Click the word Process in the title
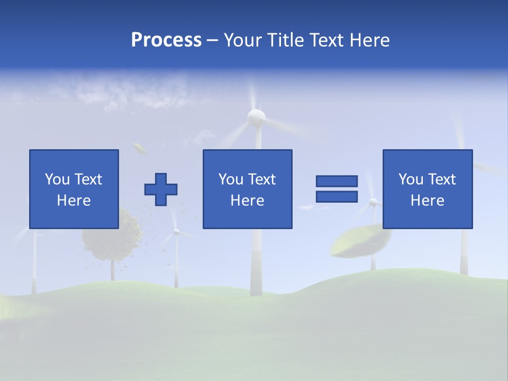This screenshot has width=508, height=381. click(x=166, y=40)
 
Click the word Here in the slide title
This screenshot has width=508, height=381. click(x=368, y=40)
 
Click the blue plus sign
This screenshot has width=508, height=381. click(x=161, y=189)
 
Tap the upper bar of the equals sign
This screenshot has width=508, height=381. click(x=337, y=181)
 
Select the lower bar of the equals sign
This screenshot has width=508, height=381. click(x=337, y=196)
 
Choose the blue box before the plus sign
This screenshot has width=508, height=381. click(x=74, y=189)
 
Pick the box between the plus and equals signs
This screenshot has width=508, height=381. click(x=247, y=189)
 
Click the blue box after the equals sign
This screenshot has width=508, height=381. click(x=428, y=189)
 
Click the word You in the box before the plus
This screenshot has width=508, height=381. click(x=57, y=179)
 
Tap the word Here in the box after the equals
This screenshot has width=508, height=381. click(x=428, y=201)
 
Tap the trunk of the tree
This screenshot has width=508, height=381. click(x=113, y=270)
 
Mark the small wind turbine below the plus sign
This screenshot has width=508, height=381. click(x=176, y=249)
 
